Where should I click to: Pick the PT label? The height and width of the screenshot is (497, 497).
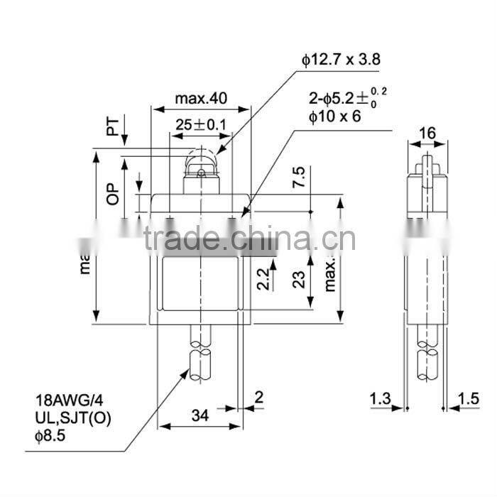tap(112, 127)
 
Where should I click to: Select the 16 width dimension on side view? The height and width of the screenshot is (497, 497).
tap(427, 132)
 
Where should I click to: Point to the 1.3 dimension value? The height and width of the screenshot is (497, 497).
tap(380, 400)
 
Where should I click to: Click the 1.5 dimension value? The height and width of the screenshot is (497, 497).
tap(469, 400)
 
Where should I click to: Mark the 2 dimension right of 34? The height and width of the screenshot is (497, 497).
tap(258, 398)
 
